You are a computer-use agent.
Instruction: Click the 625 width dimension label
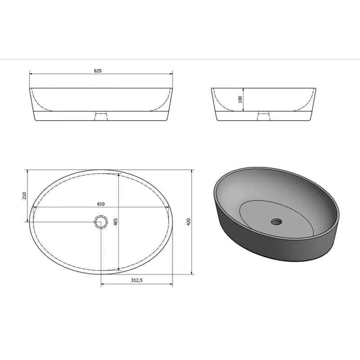point(98,71)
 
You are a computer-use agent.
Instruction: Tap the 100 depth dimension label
point(240,99)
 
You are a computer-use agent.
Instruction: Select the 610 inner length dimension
point(101,204)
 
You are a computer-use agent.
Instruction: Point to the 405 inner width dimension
point(116,221)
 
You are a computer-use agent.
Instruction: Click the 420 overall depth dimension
point(189,222)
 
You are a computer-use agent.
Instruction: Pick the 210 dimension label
point(25,196)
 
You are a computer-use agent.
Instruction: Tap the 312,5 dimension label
point(137,280)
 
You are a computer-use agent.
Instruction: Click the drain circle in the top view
point(101,222)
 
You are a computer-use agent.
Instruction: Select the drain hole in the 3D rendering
point(276,222)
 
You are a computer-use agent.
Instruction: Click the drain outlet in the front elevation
point(101,116)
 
